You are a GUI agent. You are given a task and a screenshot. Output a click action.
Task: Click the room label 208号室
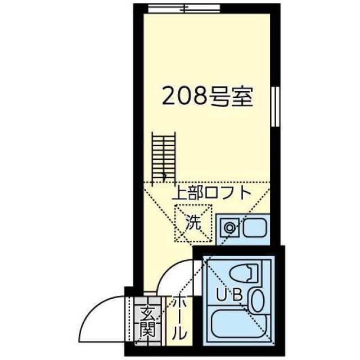pos(208,96)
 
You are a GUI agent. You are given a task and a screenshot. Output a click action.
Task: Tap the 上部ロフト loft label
pos(211,193)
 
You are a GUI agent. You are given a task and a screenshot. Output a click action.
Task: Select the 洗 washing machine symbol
pos(193,223)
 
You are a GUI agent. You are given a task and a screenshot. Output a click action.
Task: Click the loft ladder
pos(164,157)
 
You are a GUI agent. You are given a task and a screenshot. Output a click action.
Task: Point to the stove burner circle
pos(229,228)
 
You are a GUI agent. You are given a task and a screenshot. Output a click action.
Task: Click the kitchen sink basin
pos(255,228)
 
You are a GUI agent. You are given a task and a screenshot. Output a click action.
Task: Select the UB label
pos(229,295)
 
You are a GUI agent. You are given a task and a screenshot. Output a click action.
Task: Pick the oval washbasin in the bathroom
pos(258,301)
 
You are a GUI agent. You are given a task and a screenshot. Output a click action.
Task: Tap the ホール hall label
pos(179,318)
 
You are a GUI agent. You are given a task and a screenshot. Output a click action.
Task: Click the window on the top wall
pos(184,9)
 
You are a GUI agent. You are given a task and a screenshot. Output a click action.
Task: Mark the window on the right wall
pos(275,106)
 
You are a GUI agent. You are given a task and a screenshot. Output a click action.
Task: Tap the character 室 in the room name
pos(242,96)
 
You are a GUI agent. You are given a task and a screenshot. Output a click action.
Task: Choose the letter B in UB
pos(237,295)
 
